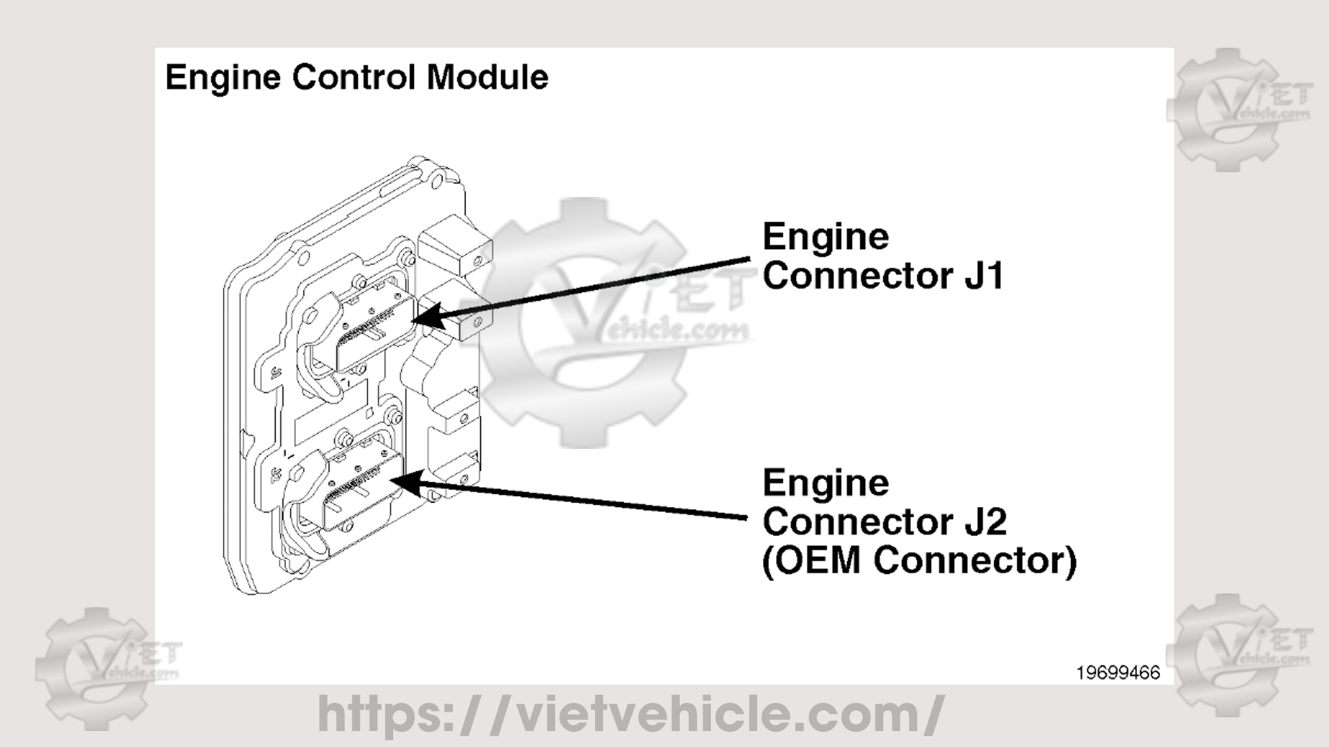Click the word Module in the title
pos(487,77)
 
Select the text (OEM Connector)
pos(919,560)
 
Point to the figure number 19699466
pos(1117,673)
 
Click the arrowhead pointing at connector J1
pos(426,318)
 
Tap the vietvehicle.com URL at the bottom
pos(630,714)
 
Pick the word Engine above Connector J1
pos(825,237)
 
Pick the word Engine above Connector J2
pos(825,483)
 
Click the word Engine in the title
pos(222,77)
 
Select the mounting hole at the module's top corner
pos(437,184)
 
